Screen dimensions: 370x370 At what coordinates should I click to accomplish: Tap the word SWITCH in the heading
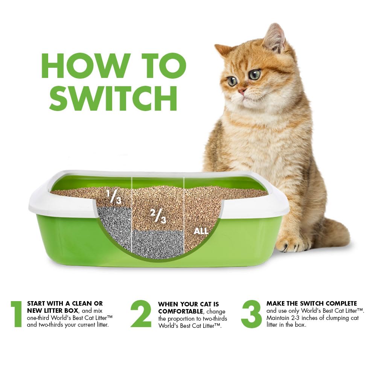point(113,98)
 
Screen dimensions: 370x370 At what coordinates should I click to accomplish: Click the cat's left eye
point(255,75)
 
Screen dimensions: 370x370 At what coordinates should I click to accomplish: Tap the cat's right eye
point(233,81)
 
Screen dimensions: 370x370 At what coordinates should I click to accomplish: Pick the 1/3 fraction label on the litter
point(114,197)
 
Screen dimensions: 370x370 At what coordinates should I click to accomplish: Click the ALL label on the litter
point(201,231)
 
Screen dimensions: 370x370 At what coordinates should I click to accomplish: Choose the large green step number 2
point(141,314)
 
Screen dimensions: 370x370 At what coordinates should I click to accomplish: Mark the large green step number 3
point(251,314)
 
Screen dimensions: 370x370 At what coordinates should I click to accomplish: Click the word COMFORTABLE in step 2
point(181,312)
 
